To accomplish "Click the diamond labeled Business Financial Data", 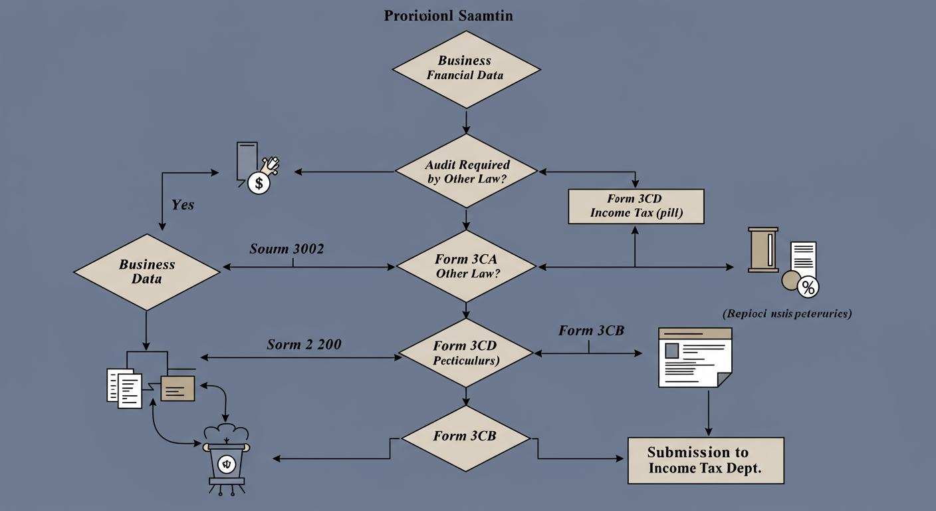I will tap(465, 68).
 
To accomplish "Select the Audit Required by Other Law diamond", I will tap(465, 172).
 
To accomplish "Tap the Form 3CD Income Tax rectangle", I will tap(636, 206).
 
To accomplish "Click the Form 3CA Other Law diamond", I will tap(465, 267).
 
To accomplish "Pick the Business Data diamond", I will tap(146, 271).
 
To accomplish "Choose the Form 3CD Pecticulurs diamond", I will tap(465, 353).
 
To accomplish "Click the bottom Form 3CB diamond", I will tap(465, 436).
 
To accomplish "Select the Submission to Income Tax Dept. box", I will tap(705, 460).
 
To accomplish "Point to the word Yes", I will tap(183, 205).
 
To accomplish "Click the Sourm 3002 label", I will tap(287, 249).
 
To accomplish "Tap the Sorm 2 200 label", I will tap(304, 344).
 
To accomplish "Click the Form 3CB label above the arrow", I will tap(591, 331).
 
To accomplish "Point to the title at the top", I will tap(448, 16).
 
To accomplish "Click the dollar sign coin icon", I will tap(259, 182).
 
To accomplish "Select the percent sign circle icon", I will tap(808, 287).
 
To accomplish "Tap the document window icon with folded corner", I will tap(694, 357).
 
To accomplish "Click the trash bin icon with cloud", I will tap(227, 459).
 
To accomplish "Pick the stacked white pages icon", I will tap(124, 387).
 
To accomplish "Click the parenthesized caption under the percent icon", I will tap(787, 313).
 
